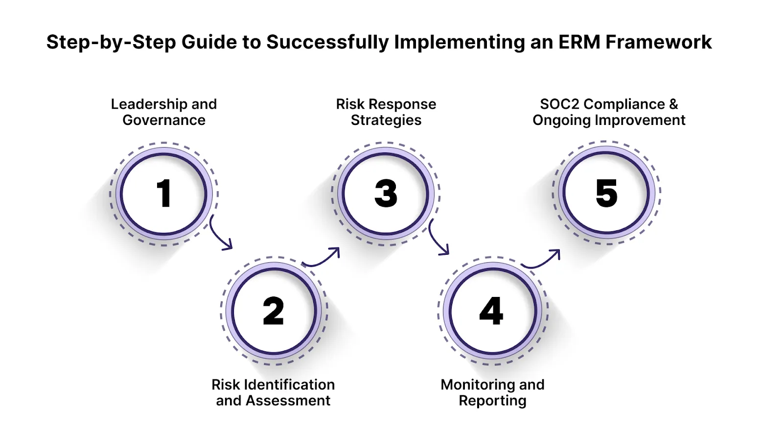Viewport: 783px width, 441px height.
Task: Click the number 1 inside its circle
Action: [164, 194]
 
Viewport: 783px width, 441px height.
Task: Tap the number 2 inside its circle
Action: [273, 311]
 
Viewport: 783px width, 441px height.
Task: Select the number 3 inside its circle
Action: [386, 193]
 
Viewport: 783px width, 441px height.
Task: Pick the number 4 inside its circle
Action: [491, 311]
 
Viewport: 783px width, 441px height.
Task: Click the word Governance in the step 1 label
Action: [164, 120]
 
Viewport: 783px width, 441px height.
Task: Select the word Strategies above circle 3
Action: [386, 120]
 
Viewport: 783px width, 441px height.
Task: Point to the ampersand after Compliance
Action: [673, 104]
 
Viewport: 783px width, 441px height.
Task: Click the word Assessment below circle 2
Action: [288, 400]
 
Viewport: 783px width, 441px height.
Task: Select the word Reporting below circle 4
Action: [492, 400]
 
